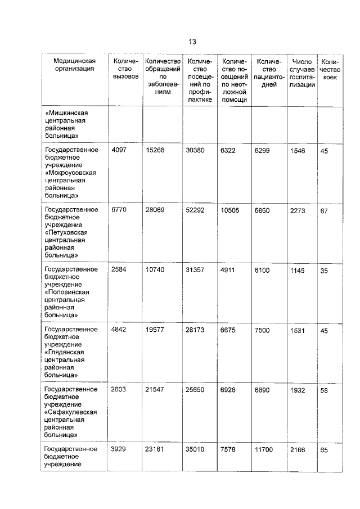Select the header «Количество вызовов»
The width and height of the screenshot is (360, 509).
125,69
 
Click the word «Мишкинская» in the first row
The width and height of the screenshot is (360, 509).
67,112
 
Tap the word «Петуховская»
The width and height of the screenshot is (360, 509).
66,232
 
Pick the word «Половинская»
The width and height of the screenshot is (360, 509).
67,292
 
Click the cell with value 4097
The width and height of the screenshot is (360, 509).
120,150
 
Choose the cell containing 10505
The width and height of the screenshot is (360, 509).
231,210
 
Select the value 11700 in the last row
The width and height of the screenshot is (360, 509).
265,449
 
